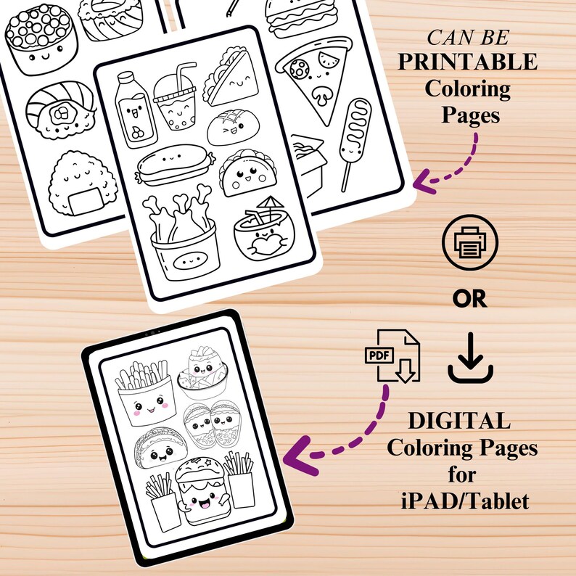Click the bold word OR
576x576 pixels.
pyautogui.click(x=469, y=300)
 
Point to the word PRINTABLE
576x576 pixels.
pyautogui.click(x=468, y=62)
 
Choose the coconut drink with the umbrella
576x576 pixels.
pyautogui.click(x=262, y=233)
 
